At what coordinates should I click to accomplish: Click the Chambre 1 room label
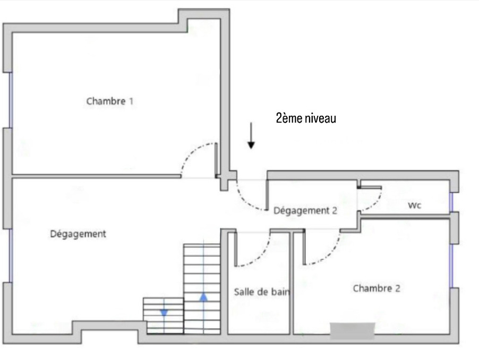110,101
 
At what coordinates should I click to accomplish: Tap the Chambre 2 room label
377,288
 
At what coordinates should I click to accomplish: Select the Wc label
415,205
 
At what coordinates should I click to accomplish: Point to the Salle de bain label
262,292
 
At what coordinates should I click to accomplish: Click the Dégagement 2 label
305,210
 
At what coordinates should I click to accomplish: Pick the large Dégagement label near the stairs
78,234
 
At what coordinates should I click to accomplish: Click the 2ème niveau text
306,118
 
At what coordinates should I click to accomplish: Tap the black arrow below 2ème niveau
251,135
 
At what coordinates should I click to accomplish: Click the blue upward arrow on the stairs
204,297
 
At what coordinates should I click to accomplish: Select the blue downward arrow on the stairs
164,313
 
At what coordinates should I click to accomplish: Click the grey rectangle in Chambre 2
353,331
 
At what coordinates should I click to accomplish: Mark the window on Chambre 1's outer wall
11,100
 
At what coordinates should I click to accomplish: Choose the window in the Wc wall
451,202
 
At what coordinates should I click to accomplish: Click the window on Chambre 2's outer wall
451,265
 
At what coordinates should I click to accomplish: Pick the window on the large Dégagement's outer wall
11,255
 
